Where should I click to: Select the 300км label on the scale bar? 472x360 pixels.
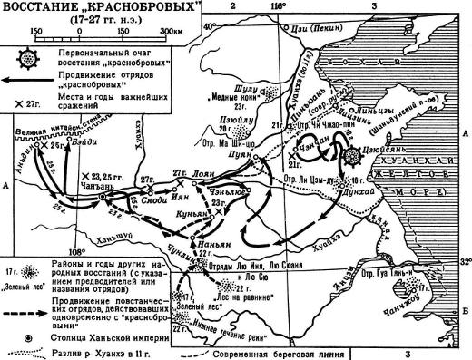click(x=170, y=31)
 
